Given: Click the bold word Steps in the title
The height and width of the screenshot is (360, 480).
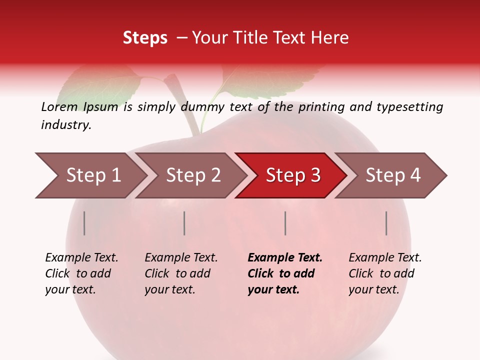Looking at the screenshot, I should [x=145, y=38].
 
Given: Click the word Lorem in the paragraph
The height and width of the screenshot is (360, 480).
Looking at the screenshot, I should [x=59, y=107].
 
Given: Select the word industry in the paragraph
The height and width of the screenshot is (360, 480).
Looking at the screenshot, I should [x=65, y=125].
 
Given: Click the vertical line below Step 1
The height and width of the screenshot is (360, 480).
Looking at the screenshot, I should [x=84, y=223].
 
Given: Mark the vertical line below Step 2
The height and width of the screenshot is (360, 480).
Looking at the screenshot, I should [x=184, y=223].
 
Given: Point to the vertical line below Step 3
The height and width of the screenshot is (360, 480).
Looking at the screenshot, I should [x=285, y=223].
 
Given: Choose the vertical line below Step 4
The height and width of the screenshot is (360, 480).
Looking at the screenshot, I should [x=386, y=223].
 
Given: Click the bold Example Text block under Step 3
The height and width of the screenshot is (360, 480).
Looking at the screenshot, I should [x=284, y=273].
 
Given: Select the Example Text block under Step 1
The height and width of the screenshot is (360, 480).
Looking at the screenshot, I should [x=81, y=273].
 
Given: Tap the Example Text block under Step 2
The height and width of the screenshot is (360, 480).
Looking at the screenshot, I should [x=180, y=273].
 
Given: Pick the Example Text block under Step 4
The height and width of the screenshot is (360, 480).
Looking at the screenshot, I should [x=384, y=273].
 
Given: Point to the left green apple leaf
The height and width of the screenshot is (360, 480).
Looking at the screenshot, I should [x=100, y=85].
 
